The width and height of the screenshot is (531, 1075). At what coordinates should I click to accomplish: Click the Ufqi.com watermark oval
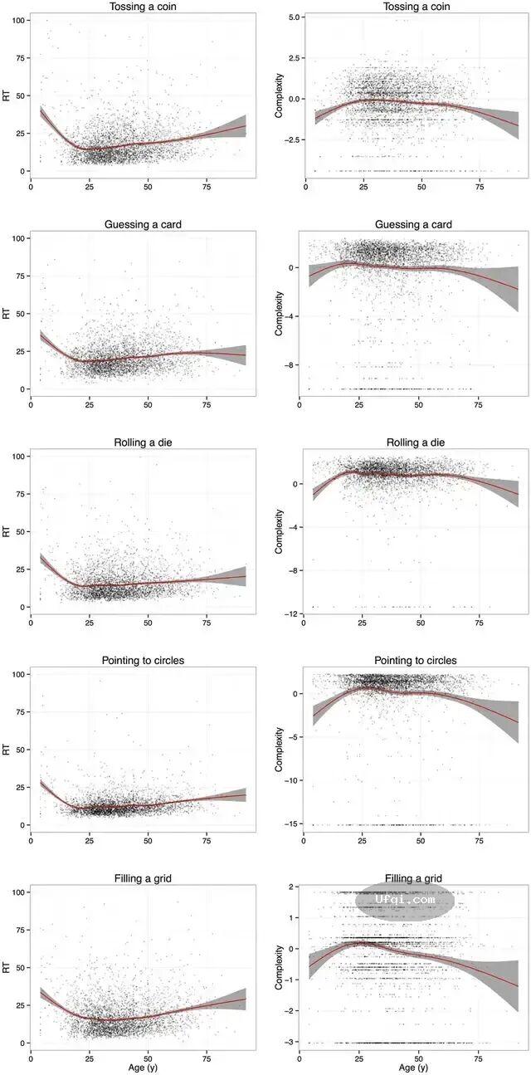click(x=405, y=899)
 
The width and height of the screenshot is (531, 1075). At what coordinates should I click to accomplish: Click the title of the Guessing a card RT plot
click(x=143, y=225)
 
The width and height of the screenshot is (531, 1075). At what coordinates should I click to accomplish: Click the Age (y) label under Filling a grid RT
click(x=143, y=1067)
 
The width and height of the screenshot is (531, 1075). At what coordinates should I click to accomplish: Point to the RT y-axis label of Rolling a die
click(x=7, y=531)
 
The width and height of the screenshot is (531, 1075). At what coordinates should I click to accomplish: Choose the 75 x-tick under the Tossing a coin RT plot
click(x=207, y=186)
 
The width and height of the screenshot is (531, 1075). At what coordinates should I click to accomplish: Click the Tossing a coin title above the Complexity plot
click(x=414, y=7)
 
